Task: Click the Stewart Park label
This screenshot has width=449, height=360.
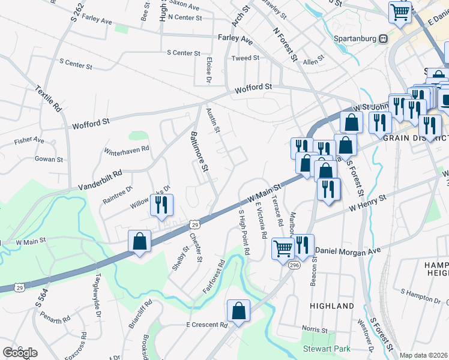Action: (325, 347)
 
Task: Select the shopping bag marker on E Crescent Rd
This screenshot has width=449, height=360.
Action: (238, 311)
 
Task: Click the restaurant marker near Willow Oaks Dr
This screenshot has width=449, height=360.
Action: (161, 205)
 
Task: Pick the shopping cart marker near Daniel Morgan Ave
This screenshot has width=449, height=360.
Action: (282, 247)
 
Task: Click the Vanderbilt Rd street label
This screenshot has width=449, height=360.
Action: (100, 179)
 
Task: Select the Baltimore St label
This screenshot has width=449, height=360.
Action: (199, 153)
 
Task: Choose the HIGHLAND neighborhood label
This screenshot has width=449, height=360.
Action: (332, 306)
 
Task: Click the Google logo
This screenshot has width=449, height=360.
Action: (20, 352)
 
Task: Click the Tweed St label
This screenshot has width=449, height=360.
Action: (246, 58)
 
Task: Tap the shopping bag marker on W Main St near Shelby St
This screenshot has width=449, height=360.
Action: (140, 242)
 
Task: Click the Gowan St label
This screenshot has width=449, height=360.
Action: (49, 160)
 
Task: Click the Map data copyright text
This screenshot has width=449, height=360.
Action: (424, 355)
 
